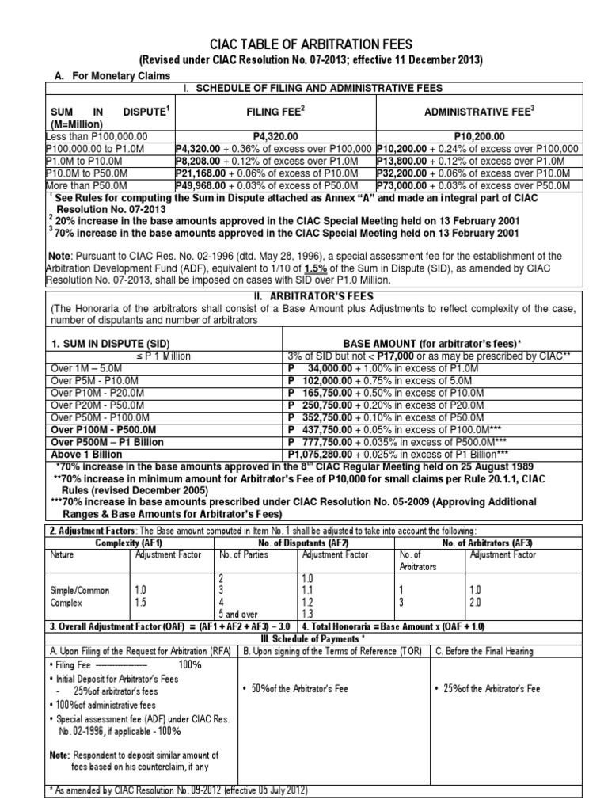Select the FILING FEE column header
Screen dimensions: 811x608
(273, 112)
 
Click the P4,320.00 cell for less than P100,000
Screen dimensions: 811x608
(272, 136)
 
